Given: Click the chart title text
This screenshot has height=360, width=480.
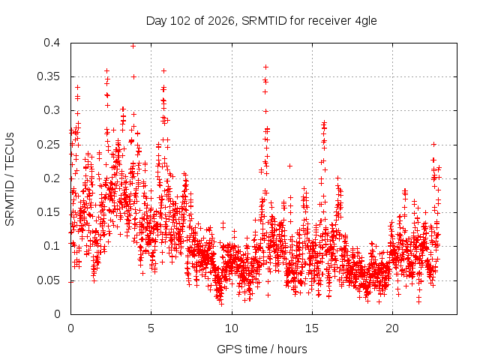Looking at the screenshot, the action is [x=262, y=21].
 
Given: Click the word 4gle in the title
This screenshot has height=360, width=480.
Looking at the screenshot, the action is [x=366, y=21].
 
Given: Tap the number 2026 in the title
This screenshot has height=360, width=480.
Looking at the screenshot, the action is [x=221, y=21].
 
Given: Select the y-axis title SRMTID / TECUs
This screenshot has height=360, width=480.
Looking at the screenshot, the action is [x=10, y=179].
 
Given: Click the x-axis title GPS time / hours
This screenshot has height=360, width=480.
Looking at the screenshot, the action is [x=262, y=349].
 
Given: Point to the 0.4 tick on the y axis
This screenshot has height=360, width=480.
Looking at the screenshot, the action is [x=52, y=43].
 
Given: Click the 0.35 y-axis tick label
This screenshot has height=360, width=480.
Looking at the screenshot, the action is [x=48, y=76].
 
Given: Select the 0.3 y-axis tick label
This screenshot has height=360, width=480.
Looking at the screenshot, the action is [x=52, y=110].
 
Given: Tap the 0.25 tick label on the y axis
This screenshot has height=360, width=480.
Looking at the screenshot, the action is [x=48, y=145].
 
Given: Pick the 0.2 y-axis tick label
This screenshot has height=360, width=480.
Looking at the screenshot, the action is [x=52, y=178].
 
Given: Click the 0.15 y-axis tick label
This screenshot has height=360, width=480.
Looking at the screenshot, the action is [x=48, y=212].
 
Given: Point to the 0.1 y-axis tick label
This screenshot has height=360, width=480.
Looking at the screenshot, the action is [x=52, y=246].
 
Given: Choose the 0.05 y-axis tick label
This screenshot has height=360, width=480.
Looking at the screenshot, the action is [x=48, y=280].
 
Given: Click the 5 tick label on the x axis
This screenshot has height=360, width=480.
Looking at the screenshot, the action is [x=151, y=328].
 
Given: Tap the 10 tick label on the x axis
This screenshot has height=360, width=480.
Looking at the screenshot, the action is [x=232, y=328].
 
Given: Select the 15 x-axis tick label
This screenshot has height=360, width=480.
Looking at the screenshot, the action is [x=312, y=328].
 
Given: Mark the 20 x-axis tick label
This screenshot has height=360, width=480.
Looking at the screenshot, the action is [x=392, y=328].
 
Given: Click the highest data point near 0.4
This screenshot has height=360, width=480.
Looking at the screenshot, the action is [x=133, y=46].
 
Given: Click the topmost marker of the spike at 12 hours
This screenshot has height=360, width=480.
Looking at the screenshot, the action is [x=265, y=67].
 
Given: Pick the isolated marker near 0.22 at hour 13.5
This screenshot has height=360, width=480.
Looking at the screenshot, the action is [x=289, y=166].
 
